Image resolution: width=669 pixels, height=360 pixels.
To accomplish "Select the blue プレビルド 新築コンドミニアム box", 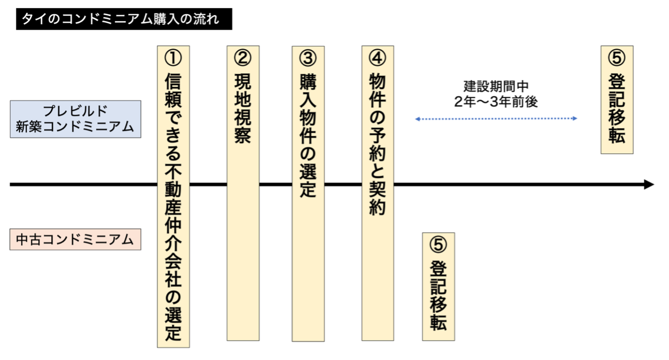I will click(75, 119).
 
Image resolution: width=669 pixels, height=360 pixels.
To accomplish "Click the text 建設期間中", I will click(496, 86).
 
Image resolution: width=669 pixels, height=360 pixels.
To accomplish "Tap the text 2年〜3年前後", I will click(496, 102).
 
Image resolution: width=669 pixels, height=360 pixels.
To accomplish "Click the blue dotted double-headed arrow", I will click(496, 118).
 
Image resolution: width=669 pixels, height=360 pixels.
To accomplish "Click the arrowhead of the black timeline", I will click(649, 185).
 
